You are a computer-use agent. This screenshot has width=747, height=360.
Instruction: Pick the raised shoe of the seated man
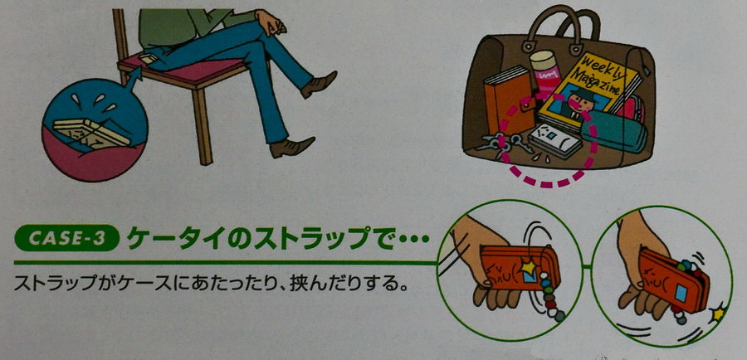[x=320, y=83]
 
